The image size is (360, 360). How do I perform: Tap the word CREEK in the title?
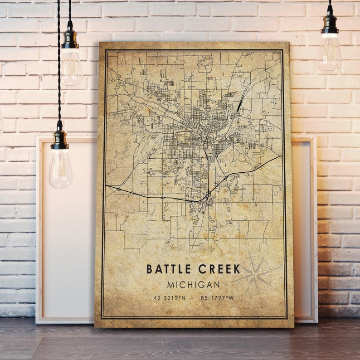click(x=219, y=269)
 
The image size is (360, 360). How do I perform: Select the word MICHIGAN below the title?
click(x=193, y=285)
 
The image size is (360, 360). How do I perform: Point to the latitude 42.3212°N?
click(x=170, y=298)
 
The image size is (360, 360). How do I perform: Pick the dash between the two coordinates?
click(x=194, y=298)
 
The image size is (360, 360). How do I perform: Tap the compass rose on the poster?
click(x=256, y=273)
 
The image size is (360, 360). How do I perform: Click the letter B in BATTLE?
click(x=149, y=269)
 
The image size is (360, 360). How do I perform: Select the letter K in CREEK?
click(x=237, y=269)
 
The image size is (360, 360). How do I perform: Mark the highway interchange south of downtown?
click(x=208, y=194)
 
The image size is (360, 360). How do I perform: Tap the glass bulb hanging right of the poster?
click(x=329, y=54)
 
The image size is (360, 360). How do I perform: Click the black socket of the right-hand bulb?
click(x=330, y=24)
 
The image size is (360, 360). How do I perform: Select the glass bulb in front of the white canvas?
click(x=60, y=169)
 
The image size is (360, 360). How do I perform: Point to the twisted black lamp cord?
click(x=59, y=68)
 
